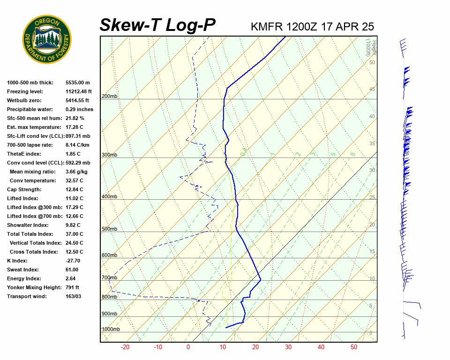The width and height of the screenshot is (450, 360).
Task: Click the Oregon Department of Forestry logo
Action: (x=47, y=39)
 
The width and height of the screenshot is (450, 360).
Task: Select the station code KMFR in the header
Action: (x=267, y=26)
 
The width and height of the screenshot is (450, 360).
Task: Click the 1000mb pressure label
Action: (x=111, y=330)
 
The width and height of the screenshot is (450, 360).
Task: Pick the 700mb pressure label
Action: (x=109, y=278)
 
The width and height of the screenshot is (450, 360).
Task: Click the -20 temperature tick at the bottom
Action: (x=125, y=347)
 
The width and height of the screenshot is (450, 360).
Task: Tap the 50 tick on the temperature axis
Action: (x=353, y=347)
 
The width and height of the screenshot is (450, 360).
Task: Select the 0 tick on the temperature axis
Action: (x=188, y=347)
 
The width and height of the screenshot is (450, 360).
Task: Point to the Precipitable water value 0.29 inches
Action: (x=79, y=110)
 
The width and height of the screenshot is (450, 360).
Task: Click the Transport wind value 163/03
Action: (x=73, y=297)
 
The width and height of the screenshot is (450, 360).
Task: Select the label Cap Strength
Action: (x=24, y=190)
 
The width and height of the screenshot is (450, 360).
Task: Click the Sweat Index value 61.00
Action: (x=72, y=270)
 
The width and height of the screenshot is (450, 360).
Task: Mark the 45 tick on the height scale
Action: (x=372, y=90)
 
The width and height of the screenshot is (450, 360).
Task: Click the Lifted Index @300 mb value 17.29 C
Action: (x=74, y=208)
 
